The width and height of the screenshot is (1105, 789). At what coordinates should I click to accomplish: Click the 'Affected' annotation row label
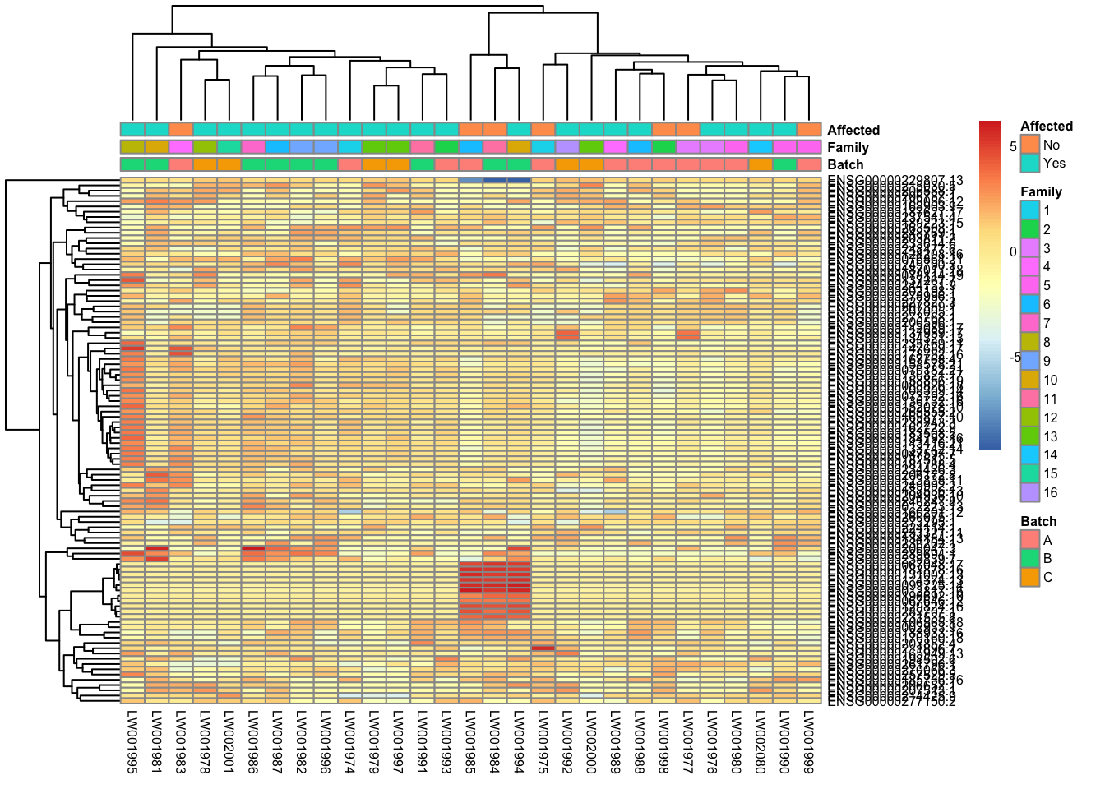[x=853, y=130]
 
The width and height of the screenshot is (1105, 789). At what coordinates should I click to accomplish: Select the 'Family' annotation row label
[x=848, y=147]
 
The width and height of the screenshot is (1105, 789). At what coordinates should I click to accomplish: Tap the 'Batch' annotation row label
[x=845, y=164]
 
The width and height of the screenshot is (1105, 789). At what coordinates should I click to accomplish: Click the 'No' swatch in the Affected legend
[x=1029, y=145]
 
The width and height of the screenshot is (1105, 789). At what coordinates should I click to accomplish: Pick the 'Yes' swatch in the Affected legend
[x=1029, y=163]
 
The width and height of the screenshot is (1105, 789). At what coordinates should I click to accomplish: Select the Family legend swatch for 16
[x=1029, y=492]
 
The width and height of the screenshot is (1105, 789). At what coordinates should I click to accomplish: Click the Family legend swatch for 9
[x=1029, y=361]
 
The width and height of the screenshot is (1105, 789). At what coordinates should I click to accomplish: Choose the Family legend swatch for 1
[x=1029, y=210]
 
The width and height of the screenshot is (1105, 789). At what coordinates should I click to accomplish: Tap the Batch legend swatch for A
[x=1029, y=540]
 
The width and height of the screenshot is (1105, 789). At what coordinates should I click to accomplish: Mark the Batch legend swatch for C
[x=1029, y=577]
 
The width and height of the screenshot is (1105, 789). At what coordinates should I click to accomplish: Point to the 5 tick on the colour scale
[x=1013, y=146]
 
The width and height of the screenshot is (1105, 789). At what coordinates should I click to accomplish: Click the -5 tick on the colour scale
[x=1015, y=358]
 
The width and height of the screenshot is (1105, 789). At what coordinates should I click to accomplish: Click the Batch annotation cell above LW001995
[x=132, y=164]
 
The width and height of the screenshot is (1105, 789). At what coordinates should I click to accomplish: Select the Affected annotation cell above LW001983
[x=181, y=129]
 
